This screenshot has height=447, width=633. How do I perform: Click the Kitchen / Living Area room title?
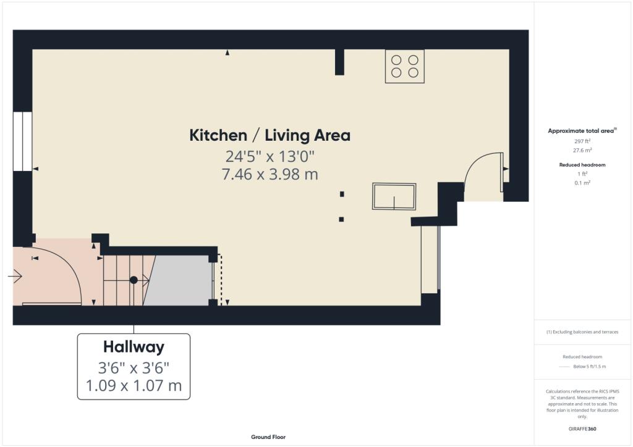(x=270, y=135)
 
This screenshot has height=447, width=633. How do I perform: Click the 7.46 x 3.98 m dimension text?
(x=270, y=174)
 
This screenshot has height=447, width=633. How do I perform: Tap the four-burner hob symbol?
(x=405, y=66)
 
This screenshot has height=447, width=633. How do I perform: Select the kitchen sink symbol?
(x=394, y=197)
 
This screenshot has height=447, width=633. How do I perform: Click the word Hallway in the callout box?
(x=134, y=347)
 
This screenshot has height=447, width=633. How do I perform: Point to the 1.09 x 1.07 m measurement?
(x=134, y=386)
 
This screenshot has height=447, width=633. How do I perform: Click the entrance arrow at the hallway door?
(x=15, y=277)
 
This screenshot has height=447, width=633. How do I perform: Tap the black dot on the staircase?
(x=134, y=280)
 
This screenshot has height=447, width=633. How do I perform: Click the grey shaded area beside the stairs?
(x=180, y=281)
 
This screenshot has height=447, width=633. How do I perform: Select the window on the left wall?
(x=23, y=141)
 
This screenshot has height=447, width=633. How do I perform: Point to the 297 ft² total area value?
(x=582, y=141)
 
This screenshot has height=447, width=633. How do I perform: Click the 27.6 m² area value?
(x=582, y=150)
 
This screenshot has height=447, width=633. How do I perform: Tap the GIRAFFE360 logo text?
(x=582, y=428)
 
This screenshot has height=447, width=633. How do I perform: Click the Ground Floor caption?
(x=268, y=437)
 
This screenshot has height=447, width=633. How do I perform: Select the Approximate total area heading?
(x=582, y=131)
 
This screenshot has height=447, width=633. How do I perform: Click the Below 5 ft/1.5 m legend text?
(x=590, y=367)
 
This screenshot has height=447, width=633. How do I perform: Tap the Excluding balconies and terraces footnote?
(x=582, y=332)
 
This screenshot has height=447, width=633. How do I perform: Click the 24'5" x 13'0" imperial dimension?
(x=270, y=156)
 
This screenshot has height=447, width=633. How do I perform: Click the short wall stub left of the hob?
(x=339, y=62)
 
